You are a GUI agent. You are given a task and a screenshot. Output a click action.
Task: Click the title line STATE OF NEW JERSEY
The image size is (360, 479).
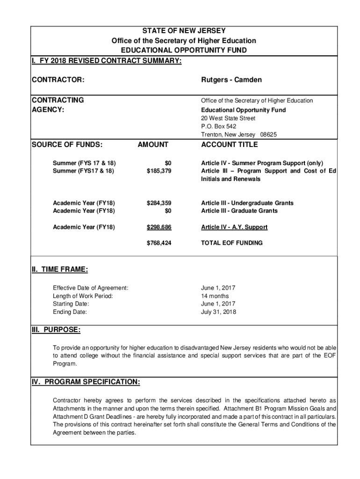[x=183, y=31]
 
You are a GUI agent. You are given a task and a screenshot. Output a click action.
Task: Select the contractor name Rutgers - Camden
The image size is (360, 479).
[x=231, y=80]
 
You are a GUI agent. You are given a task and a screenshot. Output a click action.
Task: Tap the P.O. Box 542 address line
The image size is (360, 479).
[x=218, y=126]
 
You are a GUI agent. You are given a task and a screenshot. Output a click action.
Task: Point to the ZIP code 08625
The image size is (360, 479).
[x=269, y=135]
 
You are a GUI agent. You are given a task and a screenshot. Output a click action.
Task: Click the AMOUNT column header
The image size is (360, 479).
[x=152, y=145]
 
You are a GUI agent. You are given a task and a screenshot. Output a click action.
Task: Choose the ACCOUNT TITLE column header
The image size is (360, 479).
[x=229, y=145]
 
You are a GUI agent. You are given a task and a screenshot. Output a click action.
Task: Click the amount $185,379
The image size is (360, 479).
[x=159, y=171]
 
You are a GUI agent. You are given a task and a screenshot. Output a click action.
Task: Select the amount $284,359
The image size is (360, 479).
[x=159, y=203]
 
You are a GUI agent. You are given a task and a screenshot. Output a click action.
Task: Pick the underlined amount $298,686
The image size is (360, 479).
[x=159, y=227]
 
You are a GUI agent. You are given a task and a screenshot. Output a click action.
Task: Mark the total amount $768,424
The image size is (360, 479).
[x=159, y=243]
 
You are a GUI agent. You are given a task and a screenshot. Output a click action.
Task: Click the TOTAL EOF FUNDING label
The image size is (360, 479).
[x=231, y=243]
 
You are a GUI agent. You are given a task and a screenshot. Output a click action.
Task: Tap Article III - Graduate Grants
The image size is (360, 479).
[x=239, y=211]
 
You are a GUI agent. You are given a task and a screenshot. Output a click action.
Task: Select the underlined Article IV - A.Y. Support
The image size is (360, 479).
[x=234, y=227]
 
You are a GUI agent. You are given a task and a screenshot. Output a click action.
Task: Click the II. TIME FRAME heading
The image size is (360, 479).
[x=59, y=269]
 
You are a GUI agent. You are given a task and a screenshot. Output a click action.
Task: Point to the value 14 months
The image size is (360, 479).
[x=215, y=296]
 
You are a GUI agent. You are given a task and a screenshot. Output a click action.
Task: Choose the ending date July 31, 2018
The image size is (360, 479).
[x=218, y=312]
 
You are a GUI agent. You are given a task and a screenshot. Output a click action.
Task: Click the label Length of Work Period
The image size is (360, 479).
[x=83, y=296]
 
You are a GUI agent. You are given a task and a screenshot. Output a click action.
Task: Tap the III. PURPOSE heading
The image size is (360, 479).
[x=56, y=330]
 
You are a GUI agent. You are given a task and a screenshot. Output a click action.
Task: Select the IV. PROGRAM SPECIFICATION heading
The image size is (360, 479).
[x=86, y=382]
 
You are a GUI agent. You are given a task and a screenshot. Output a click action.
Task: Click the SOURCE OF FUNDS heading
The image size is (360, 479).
[x=67, y=145]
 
